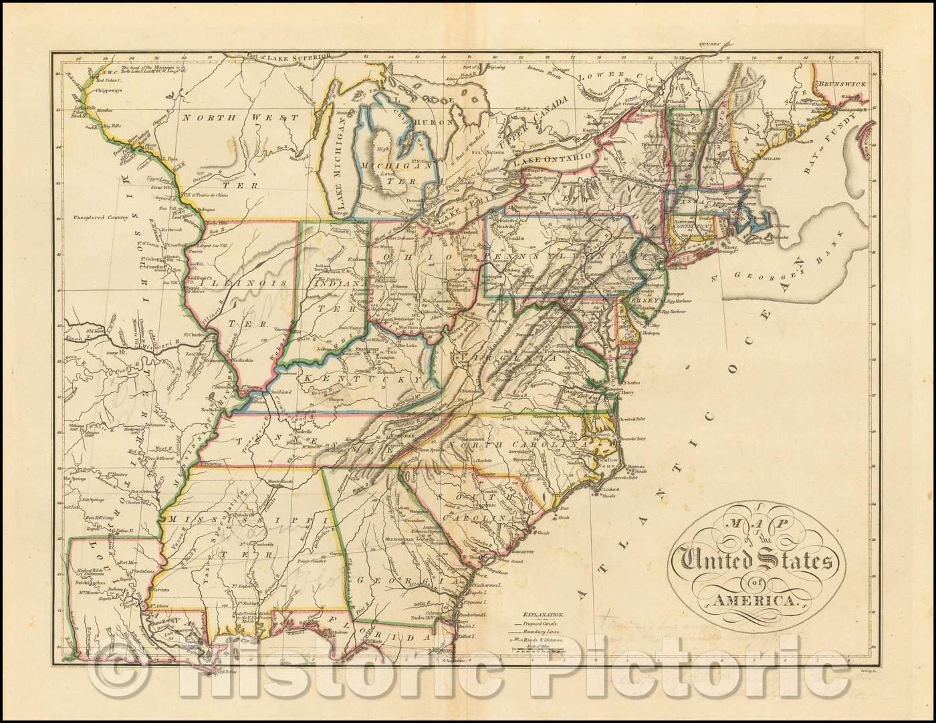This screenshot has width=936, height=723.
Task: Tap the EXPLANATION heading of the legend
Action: tap(544, 612)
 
